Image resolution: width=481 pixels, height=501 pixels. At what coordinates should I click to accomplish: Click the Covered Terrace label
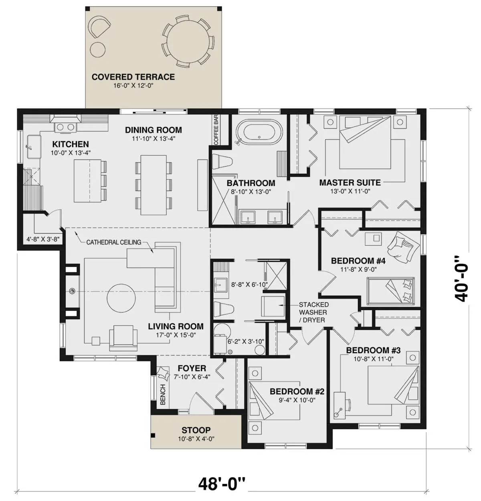tap(133, 77)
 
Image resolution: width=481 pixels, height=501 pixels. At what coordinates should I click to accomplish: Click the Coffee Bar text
tap(216, 130)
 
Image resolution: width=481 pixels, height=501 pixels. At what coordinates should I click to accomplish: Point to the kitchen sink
tap(34, 147)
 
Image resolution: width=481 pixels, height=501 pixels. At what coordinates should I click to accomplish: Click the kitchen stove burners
tap(65, 127)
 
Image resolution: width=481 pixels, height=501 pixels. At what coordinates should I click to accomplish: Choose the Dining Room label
tap(154, 130)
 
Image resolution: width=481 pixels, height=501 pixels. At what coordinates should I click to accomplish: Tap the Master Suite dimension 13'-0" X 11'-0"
tap(350, 191)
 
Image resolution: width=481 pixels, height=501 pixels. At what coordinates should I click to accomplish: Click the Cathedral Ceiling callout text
tap(114, 242)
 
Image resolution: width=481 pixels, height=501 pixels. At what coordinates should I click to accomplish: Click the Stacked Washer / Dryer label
tap(313, 312)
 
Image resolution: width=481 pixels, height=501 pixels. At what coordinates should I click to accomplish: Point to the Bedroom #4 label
tap(358, 261)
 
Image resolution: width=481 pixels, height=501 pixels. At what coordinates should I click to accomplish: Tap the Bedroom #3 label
tap(373, 350)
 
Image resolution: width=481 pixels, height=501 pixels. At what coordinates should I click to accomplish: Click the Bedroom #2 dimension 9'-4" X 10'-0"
tap(297, 400)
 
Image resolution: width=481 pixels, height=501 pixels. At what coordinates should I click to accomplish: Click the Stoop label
tap(196, 430)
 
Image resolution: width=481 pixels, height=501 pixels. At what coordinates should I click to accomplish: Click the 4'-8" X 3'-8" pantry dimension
tap(43, 239)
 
